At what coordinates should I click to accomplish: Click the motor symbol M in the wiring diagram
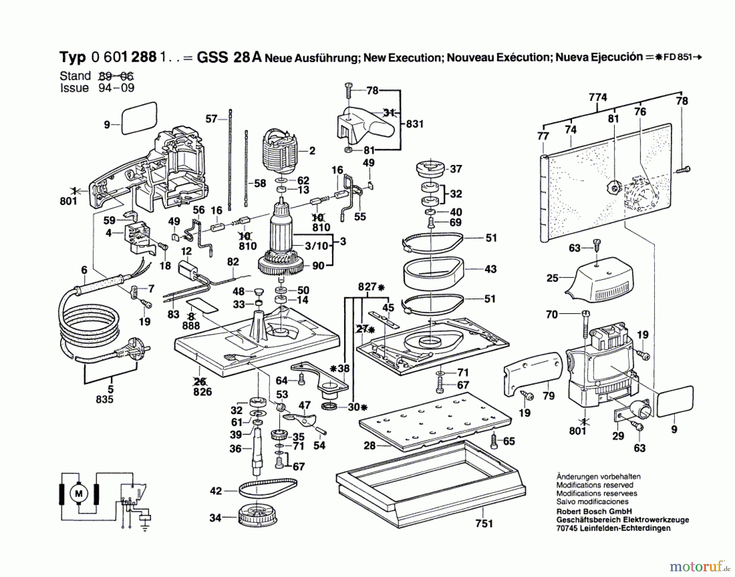tap(78, 493)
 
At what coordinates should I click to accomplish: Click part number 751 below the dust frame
tap(484, 523)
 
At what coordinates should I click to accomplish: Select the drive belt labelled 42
tap(268, 488)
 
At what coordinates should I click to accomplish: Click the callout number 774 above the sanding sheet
tap(598, 97)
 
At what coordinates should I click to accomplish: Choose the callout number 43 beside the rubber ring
tap(490, 269)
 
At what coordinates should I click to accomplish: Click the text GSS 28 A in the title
tap(229, 57)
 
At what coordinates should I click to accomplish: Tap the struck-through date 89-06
tap(116, 76)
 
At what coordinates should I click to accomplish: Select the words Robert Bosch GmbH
tap(594, 511)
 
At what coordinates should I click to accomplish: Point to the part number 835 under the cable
tap(105, 399)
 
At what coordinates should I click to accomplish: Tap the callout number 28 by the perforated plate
tap(370, 446)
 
